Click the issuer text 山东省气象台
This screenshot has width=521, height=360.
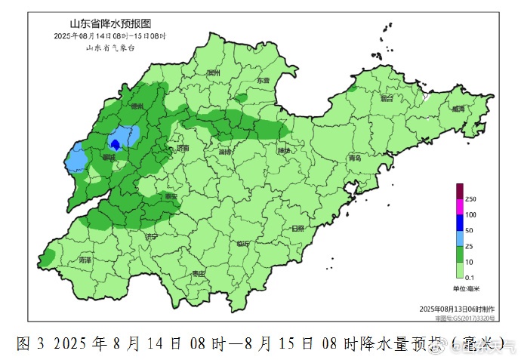[109, 47]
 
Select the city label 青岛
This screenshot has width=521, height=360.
[355, 158]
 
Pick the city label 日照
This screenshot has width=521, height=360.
[297, 228]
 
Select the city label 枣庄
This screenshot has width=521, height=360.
[199, 273]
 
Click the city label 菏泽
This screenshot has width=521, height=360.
[85, 260]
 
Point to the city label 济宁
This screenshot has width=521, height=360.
[152, 237]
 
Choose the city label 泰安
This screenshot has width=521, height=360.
[172, 196]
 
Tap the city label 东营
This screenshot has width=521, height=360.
[262, 80]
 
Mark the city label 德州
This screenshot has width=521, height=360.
[137, 107]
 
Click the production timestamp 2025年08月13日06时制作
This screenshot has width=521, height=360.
[458, 309]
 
